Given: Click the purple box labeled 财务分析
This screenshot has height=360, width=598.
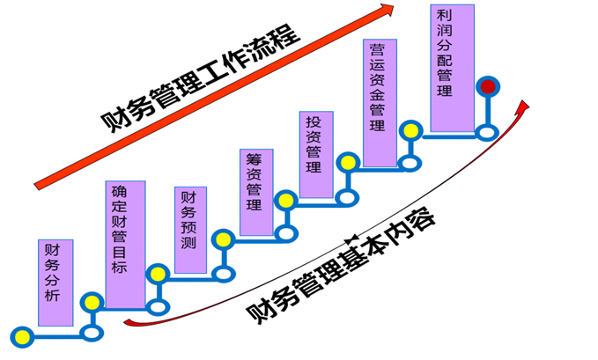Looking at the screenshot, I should click(55, 282).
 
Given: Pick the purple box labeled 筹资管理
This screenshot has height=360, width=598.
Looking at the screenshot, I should click(255, 192).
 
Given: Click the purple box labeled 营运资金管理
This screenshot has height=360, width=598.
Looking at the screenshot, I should click(378, 103).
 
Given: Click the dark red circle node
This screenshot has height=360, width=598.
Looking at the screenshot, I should click(488, 86).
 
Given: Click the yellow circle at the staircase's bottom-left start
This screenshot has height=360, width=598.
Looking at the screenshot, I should click(23, 335).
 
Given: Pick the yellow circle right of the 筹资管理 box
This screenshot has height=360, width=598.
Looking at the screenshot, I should click(285, 202).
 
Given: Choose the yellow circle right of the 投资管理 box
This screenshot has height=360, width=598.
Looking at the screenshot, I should click(349, 163).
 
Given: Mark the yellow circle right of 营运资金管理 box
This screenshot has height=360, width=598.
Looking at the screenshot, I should click(410, 130).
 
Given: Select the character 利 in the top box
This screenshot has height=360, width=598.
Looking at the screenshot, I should click(444, 16).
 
